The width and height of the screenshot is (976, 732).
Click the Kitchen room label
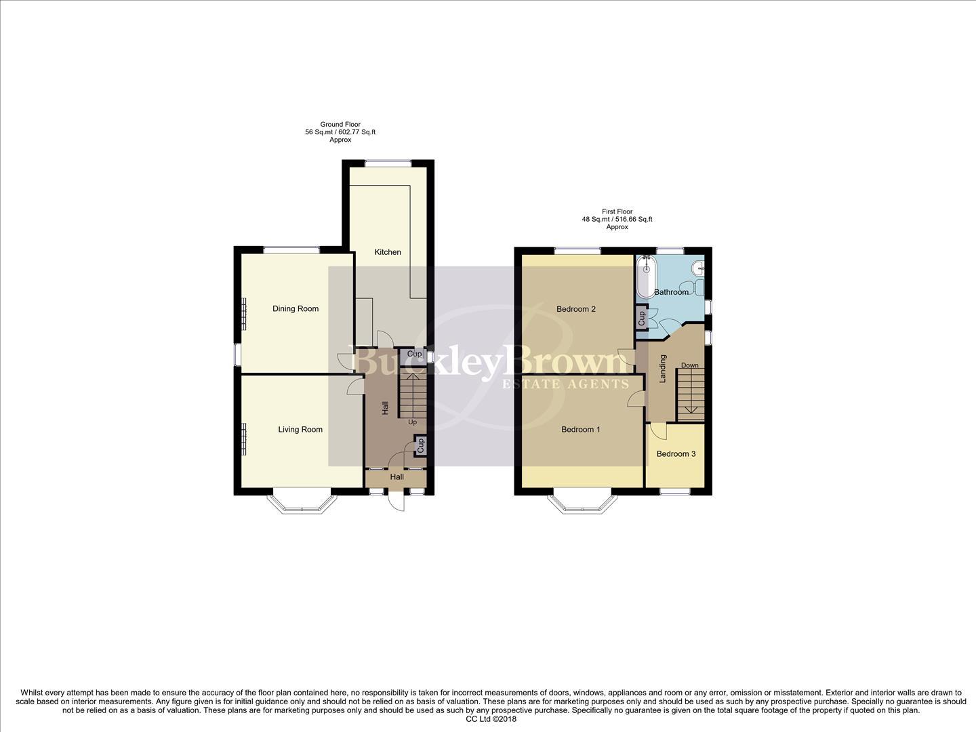pyautogui.click(x=388, y=252)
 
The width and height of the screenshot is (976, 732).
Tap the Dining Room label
pyautogui.click(x=296, y=309)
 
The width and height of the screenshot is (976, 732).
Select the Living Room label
pyautogui.click(x=300, y=430)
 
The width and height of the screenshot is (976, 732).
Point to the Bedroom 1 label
pyautogui.click(x=581, y=430)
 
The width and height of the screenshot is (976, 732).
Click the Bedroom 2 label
pyautogui.click(x=575, y=309)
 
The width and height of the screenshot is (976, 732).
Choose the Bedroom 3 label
pyautogui.click(x=676, y=454)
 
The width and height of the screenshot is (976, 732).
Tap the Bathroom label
pyautogui.click(x=671, y=292)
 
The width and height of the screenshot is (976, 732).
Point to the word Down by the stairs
pyautogui.click(x=689, y=366)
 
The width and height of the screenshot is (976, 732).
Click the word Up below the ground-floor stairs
pyautogui.click(x=412, y=422)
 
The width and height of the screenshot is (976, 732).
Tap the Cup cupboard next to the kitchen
pyautogui.click(x=414, y=354)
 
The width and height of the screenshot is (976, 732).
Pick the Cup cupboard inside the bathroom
pyautogui.click(x=641, y=317)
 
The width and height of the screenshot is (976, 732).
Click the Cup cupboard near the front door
pyautogui.click(x=420, y=446)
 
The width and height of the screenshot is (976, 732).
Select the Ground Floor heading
pyautogui.click(x=340, y=125)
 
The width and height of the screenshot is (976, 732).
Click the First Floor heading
pyautogui.click(x=617, y=211)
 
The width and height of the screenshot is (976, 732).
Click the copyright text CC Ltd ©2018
pyautogui.click(x=491, y=719)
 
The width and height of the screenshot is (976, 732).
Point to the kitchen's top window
pyautogui.click(x=388, y=163)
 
